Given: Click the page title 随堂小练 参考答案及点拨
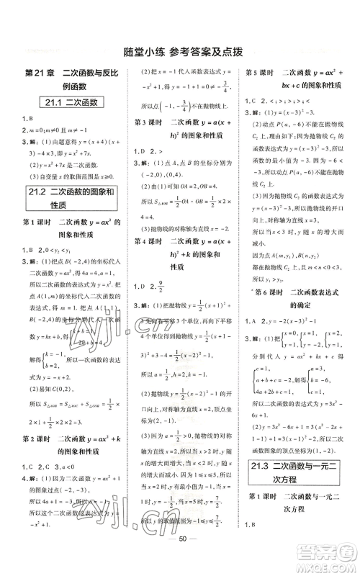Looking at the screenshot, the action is point(179,50).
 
